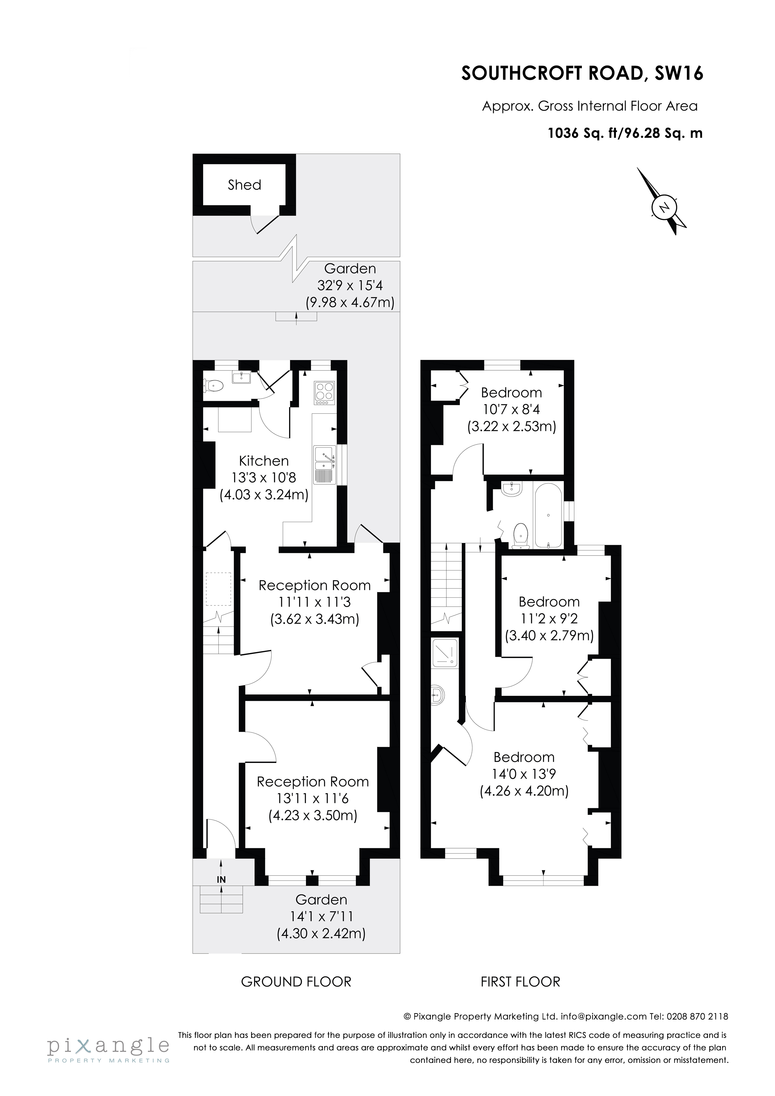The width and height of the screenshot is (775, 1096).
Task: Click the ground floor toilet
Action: pyautogui.click(x=213, y=384)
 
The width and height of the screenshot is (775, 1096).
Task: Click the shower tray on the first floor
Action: pyautogui.click(x=445, y=653)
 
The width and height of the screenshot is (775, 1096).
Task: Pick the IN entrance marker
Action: pyautogui.click(x=221, y=879)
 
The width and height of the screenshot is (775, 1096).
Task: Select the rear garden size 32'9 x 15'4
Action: pyautogui.click(x=350, y=286)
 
